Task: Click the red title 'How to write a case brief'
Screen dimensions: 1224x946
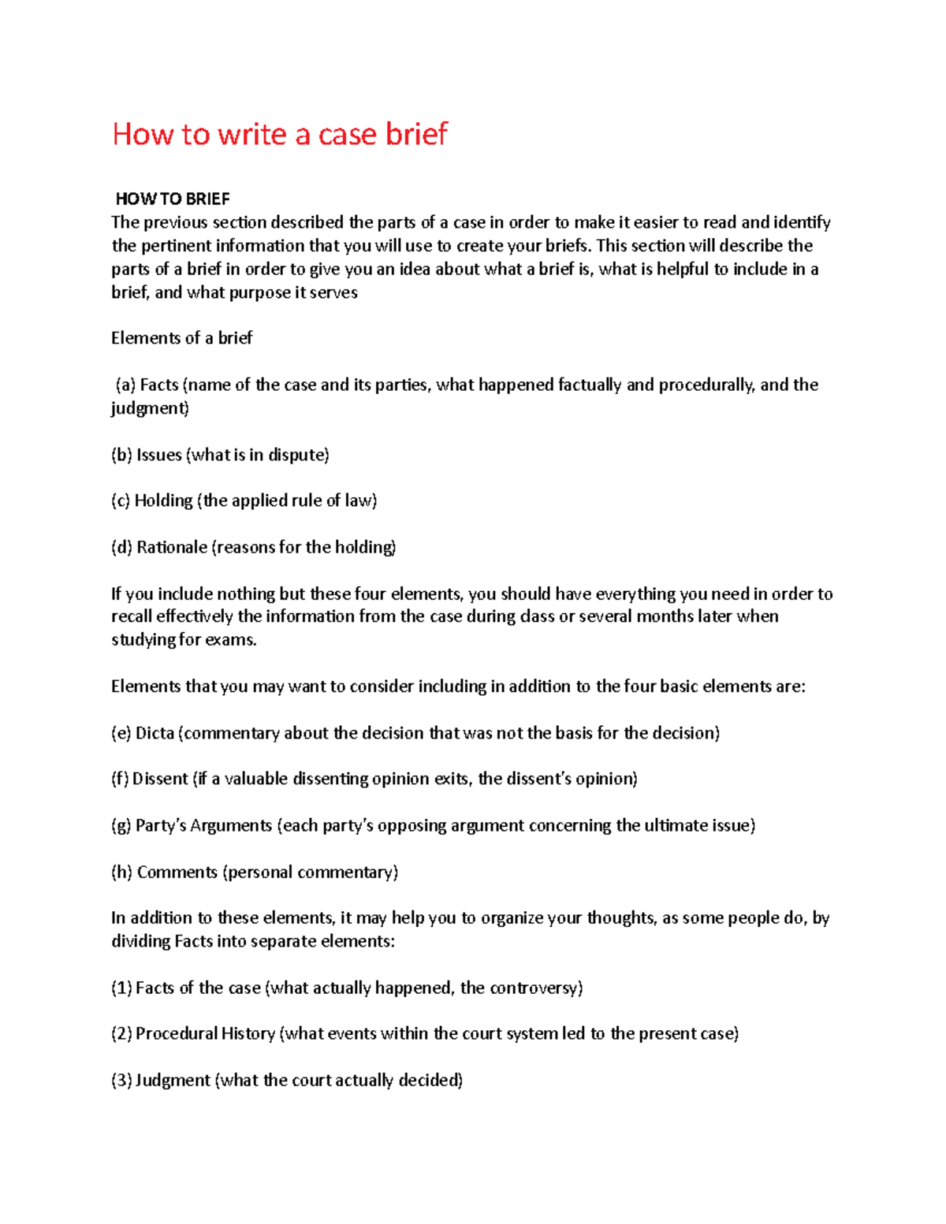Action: pos(280,134)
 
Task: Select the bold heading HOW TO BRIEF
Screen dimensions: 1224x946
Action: pos(173,199)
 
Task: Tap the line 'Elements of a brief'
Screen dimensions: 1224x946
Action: pos(181,338)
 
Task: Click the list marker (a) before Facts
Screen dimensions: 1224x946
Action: pos(125,385)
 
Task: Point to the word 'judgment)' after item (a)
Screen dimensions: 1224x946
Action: pos(150,408)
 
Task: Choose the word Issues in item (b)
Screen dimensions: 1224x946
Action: pos(159,455)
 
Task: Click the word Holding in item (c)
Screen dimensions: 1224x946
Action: pos(163,500)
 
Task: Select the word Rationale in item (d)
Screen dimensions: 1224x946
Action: pos(172,547)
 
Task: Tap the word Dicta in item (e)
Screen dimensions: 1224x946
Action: pos(155,733)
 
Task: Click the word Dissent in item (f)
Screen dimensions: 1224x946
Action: pos(160,779)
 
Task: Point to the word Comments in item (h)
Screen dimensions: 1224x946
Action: pos(177,872)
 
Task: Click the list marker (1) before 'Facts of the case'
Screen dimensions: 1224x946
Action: pos(121,988)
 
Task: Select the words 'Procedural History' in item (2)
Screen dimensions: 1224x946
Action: pos(205,1033)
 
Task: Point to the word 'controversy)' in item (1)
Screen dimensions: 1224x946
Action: pos(536,988)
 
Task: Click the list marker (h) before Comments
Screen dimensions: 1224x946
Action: pos(121,872)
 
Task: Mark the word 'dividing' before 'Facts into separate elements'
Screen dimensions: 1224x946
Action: pos(140,941)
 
